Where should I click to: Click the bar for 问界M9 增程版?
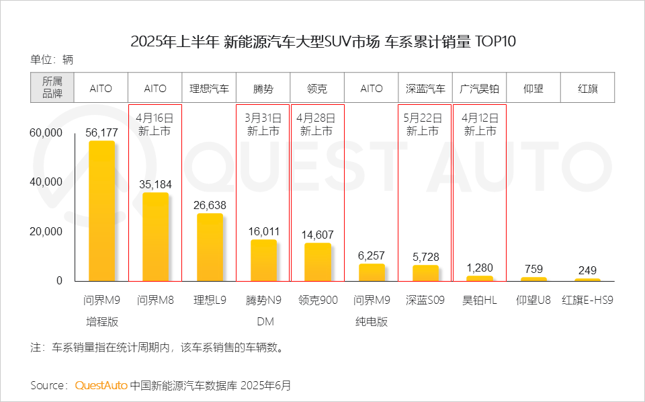(101, 211)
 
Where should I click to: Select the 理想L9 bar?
(210, 247)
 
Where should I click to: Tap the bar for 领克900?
(318, 262)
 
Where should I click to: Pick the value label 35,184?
(155, 184)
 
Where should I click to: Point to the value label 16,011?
(263, 232)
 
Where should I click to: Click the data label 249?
(587, 271)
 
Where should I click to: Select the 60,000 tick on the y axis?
(46, 133)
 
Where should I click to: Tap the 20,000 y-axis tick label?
(46, 231)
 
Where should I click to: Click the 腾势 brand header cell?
(263, 89)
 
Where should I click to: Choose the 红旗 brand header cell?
(588, 89)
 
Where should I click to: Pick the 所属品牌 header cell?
(52, 88)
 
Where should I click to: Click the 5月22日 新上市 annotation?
(425, 124)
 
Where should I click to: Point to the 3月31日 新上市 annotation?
(263, 124)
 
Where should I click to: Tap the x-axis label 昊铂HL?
(480, 300)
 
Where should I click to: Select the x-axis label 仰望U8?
(533, 300)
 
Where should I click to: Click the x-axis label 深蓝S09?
(425, 300)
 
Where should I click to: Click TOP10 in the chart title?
(496, 42)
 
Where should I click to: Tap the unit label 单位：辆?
(52, 59)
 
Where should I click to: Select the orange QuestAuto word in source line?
(101, 386)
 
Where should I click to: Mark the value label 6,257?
(372, 256)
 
